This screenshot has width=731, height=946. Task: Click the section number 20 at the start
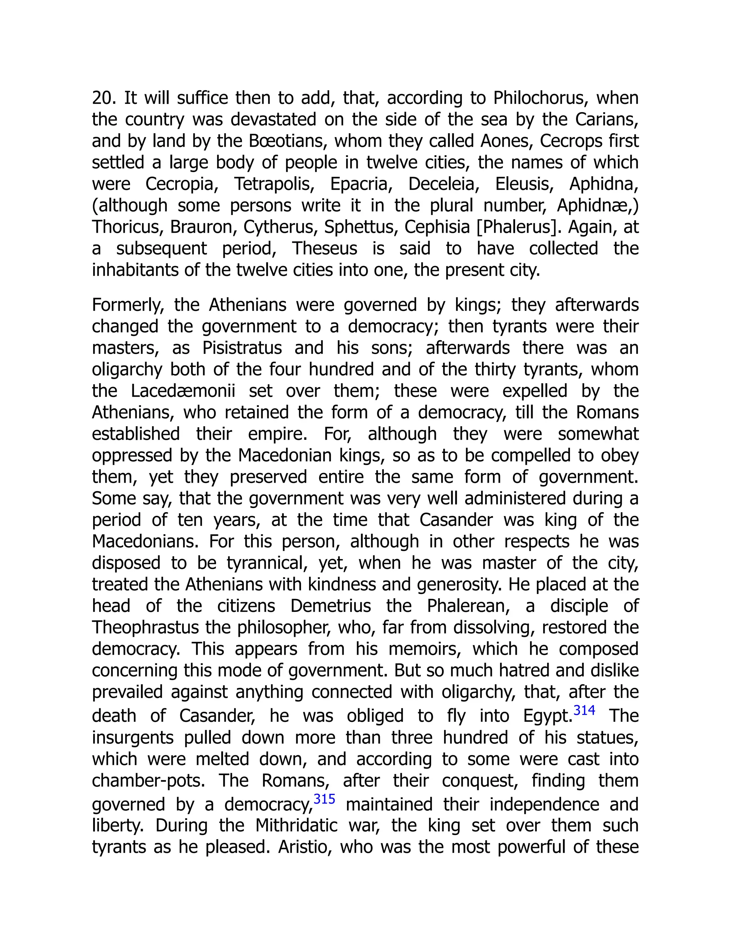point(102,98)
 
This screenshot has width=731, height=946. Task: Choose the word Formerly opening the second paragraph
point(128,305)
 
